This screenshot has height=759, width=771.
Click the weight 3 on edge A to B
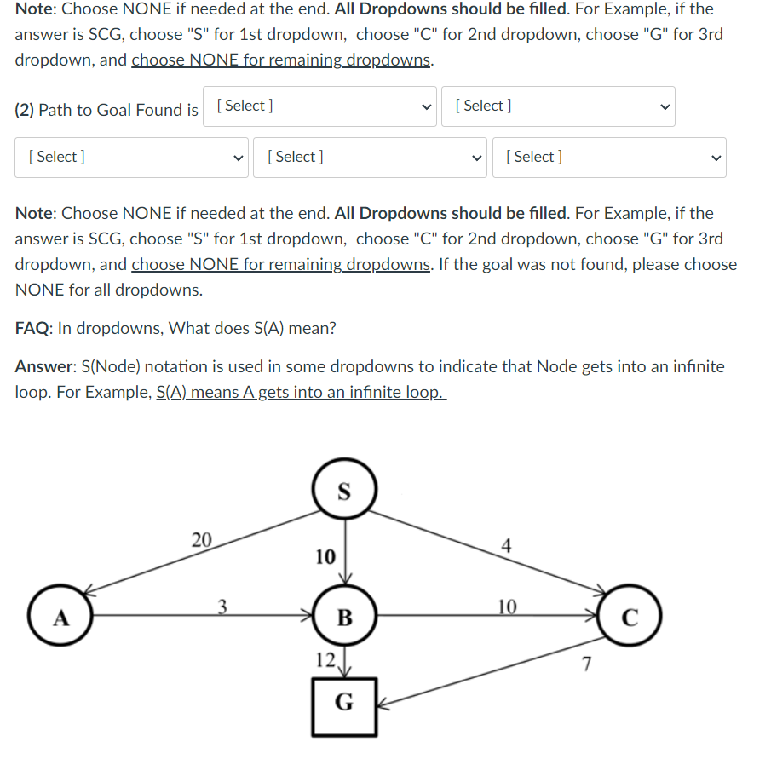222,606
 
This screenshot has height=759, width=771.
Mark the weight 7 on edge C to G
585,664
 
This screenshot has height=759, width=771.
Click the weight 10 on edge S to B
325,557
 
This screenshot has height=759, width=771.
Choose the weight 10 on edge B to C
506,606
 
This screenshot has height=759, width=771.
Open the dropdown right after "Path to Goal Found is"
319,106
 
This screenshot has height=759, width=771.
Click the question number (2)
25,110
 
